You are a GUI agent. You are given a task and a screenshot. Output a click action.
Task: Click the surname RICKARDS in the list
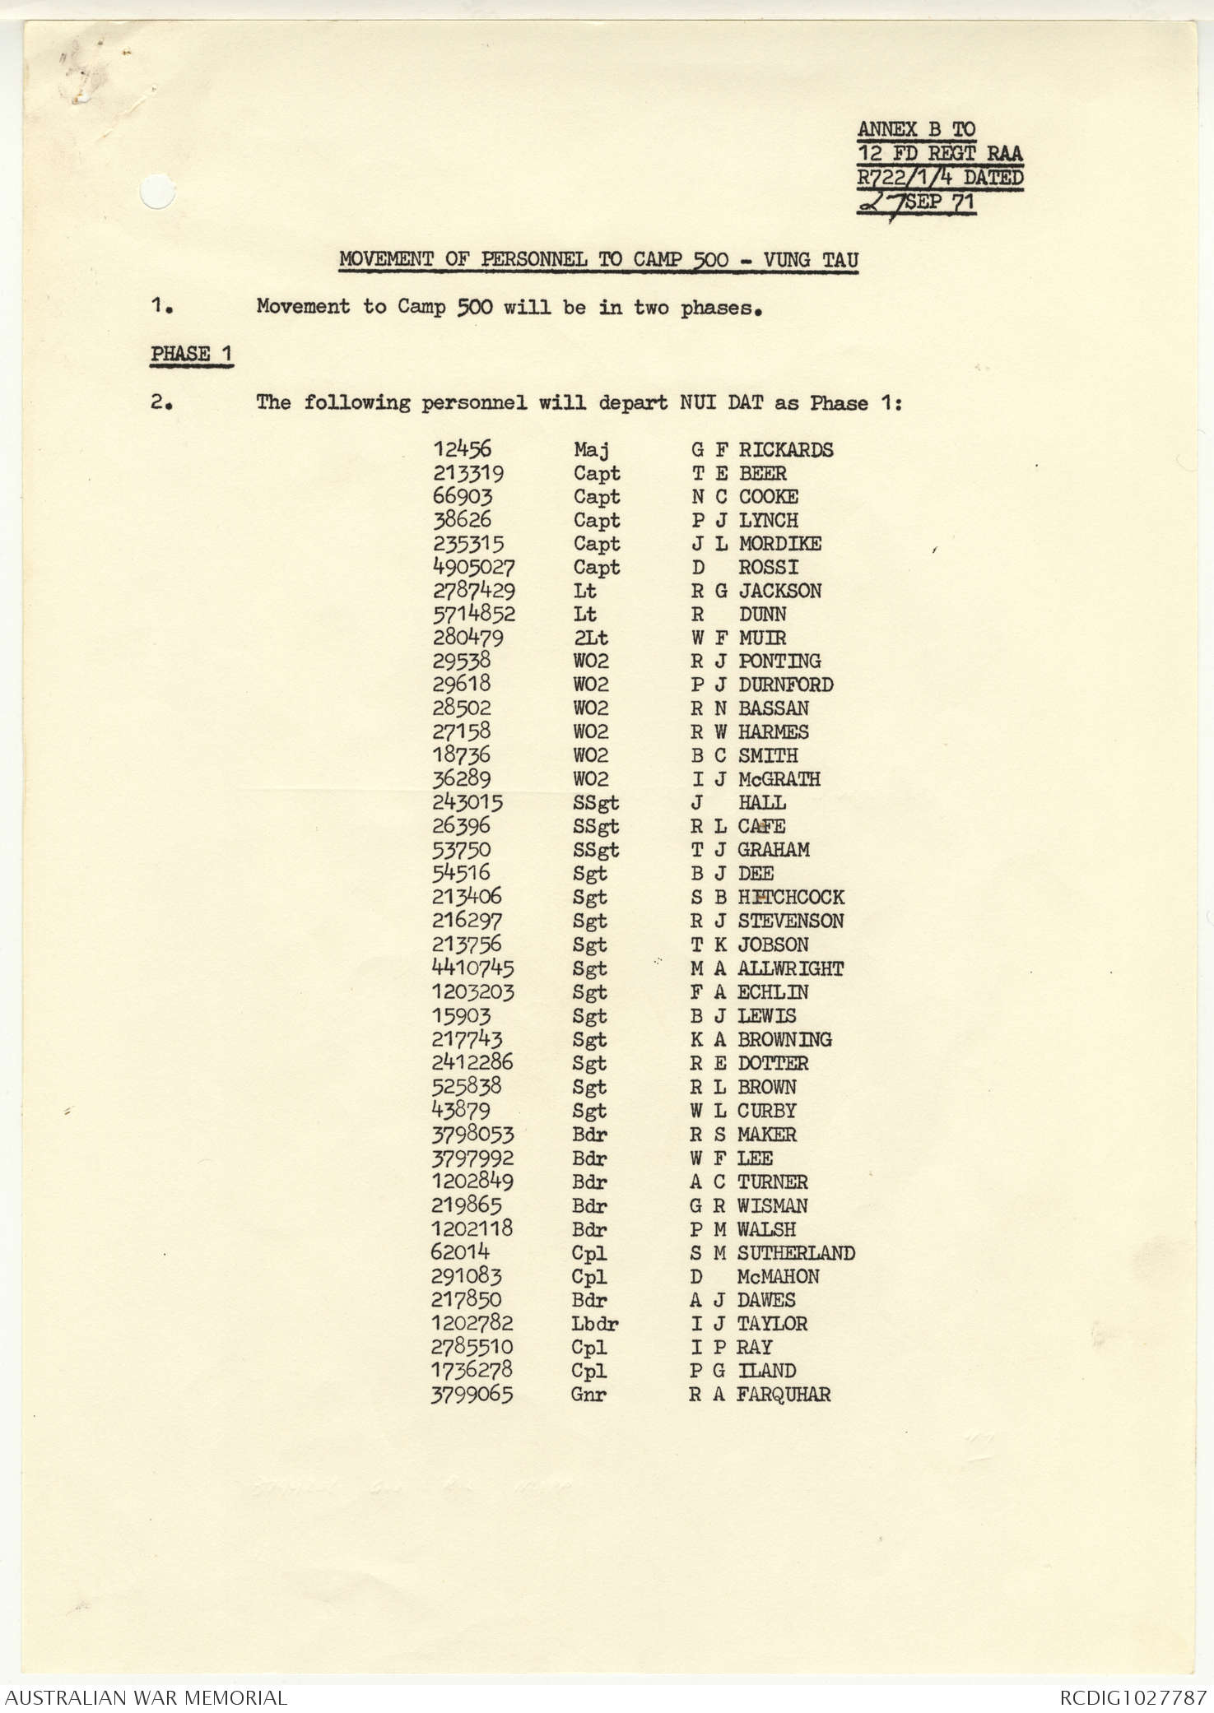coord(785,450)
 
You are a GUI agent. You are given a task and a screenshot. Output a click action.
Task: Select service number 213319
coord(468,473)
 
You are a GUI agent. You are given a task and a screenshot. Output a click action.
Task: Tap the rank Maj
coord(591,450)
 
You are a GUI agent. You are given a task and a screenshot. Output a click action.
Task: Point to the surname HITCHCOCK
coord(790,897)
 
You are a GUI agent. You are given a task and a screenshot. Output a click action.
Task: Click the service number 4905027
coord(474,567)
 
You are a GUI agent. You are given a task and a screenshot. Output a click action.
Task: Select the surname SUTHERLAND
coord(795,1253)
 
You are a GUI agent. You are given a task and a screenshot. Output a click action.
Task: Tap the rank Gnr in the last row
coord(588,1395)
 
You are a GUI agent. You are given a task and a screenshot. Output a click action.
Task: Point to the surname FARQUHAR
coord(783,1395)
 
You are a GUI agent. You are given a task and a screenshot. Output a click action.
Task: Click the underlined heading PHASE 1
coord(192,355)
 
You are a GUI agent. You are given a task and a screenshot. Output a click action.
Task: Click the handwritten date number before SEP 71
coord(881,202)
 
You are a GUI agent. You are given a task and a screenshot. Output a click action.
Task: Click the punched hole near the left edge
coord(157,193)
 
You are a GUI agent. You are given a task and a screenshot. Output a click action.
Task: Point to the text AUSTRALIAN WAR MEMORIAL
coord(146,1697)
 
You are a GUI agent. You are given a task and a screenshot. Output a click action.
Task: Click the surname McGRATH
coord(779,779)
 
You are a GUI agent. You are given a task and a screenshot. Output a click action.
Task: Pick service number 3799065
coord(472,1395)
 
